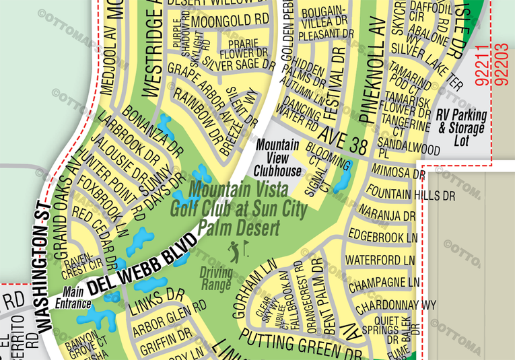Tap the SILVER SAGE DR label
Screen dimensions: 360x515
tap(239, 65)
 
